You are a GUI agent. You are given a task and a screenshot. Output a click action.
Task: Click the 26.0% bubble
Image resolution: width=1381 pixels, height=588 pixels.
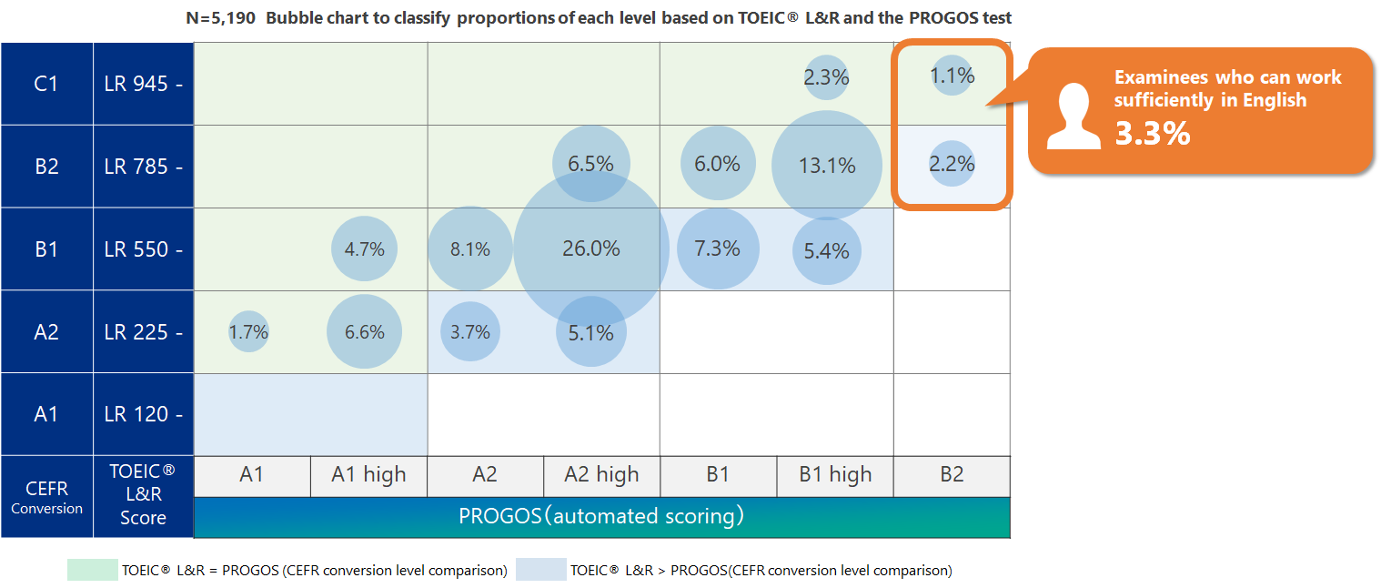pyautogui.click(x=591, y=248)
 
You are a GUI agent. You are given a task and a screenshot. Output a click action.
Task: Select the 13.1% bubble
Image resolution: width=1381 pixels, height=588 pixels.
pyautogui.click(x=827, y=166)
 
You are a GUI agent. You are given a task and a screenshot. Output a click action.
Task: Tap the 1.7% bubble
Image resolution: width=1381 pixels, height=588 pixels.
pyautogui.click(x=248, y=332)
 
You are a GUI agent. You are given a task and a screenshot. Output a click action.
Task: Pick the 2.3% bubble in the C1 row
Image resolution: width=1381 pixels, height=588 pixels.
pyautogui.click(x=827, y=78)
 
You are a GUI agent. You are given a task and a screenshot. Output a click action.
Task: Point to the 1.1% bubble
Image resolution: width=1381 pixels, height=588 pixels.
pyautogui.click(x=953, y=76)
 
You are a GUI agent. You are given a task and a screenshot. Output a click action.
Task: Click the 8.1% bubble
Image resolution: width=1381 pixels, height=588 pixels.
pyautogui.click(x=470, y=248)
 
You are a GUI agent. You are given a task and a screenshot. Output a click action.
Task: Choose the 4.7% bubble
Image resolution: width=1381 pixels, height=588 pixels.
pyautogui.click(x=364, y=248)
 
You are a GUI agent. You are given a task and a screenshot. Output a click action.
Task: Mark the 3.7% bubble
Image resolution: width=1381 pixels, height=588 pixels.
pyautogui.click(x=470, y=332)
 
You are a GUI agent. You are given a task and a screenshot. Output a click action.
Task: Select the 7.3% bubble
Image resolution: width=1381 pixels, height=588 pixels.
pyautogui.click(x=717, y=248)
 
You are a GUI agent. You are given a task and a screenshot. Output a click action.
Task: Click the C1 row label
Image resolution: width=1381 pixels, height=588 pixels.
pyautogui.click(x=46, y=84)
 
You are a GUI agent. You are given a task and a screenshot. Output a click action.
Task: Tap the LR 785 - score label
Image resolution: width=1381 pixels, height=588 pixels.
pyautogui.click(x=143, y=167)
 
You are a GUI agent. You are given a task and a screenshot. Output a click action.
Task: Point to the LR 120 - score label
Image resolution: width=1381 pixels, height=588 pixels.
pyautogui.click(x=143, y=414)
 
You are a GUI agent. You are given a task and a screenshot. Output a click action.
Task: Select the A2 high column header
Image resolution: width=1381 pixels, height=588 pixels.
pyautogui.click(x=601, y=475)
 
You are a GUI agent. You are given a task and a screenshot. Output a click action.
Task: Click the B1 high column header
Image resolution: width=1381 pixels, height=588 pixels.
pyautogui.click(x=835, y=475)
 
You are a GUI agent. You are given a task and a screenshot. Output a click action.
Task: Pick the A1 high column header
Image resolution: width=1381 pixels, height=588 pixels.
pyautogui.click(x=368, y=475)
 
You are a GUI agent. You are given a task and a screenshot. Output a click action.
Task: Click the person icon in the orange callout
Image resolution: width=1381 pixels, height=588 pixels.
pyautogui.click(x=1074, y=117)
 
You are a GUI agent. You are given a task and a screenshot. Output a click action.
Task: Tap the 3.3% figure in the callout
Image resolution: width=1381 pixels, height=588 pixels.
pyautogui.click(x=1153, y=134)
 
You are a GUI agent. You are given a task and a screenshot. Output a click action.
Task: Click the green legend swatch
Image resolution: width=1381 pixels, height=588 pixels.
pyautogui.click(x=92, y=571)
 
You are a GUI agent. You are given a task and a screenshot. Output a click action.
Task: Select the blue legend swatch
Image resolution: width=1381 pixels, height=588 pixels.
pyautogui.click(x=540, y=571)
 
